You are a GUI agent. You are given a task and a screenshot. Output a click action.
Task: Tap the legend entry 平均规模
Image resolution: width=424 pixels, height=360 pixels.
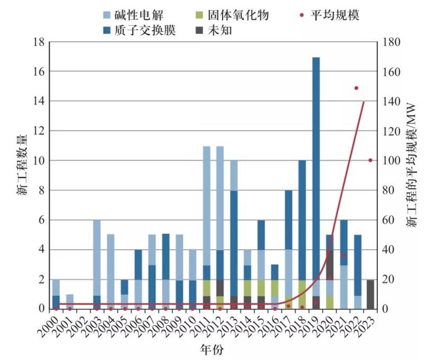[x=335, y=15]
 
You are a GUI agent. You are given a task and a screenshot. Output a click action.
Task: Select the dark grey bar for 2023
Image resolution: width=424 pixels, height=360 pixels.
[x=370, y=294]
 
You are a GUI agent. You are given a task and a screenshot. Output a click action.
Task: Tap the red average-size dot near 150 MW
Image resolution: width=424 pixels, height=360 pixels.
[x=357, y=88]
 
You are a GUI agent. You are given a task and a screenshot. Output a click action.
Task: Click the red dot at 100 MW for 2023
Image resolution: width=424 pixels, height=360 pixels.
[x=370, y=160]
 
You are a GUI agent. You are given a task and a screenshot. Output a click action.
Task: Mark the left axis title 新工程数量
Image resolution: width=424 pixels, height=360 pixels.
[x=21, y=175]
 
